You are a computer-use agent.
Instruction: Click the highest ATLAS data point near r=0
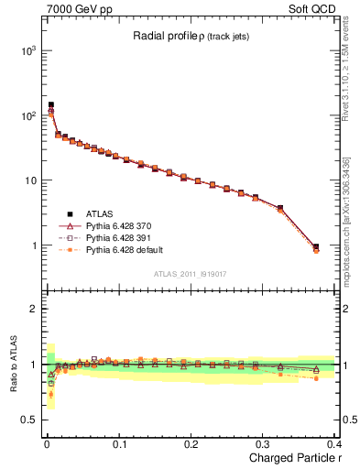coord(51,105)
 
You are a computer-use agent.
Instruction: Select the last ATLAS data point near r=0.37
coord(316,246)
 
